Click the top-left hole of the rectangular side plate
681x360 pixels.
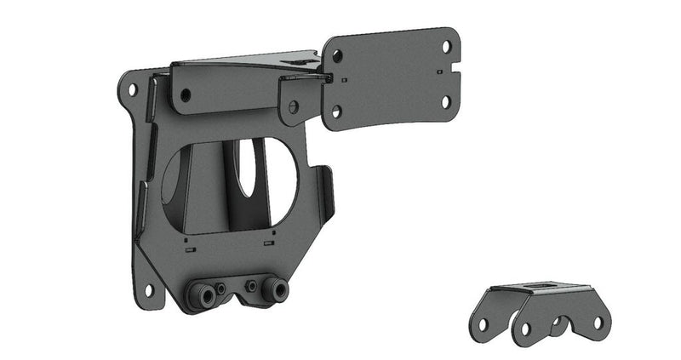pos(338,56)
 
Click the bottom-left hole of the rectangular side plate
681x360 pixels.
pos(336,111)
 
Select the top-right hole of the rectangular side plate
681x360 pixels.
pos(446,43)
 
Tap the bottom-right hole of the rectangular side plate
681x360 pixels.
pos(444,101)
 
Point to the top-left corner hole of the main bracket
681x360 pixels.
pos(131,88)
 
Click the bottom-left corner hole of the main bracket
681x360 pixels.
pos(148,290)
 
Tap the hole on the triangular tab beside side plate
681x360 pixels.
pos(294,107)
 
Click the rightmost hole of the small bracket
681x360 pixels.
pos(598,323)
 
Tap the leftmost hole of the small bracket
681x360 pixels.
pos(483,324)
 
